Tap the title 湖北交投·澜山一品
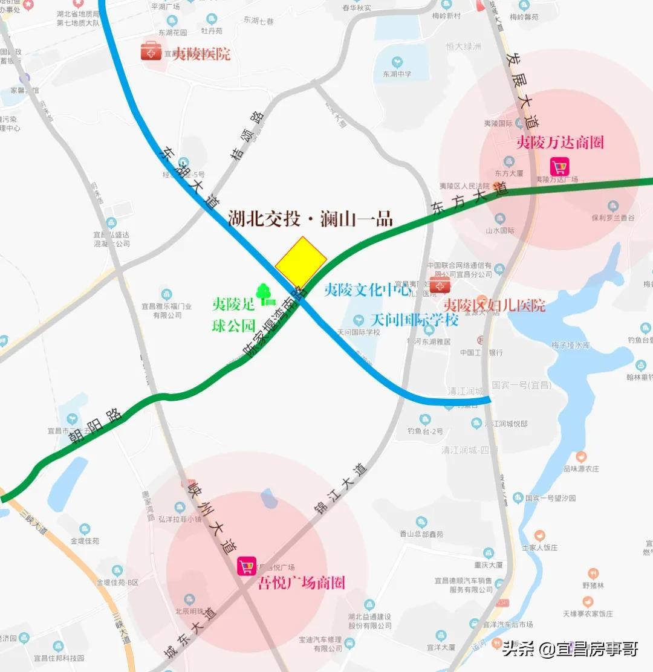(x=311, y=218)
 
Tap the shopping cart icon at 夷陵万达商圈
(x=559, y=166)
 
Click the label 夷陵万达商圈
(x=560, y=143)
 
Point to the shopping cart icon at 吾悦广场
(x=246, y=566)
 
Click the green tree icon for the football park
(x=265, y=294)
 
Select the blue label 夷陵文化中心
(x=368, y=289)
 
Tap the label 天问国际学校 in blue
(x=414, y=319)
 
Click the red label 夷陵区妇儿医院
(x=495, y=305)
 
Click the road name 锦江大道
(x=340, y=490)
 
